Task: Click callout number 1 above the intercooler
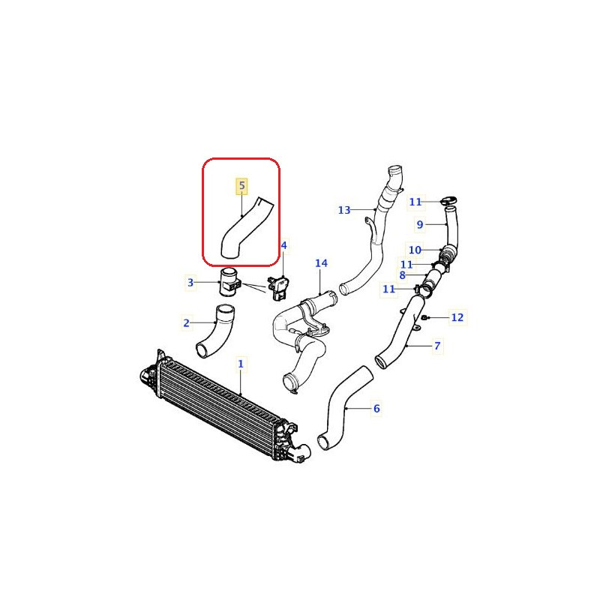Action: coord(241,364)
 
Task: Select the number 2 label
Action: coord(186,323)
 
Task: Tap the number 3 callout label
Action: coord(190,283)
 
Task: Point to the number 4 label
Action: coord(283,245)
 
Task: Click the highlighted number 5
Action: coord(241,185)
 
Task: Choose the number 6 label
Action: coord(376,409)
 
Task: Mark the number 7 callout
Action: coord(437,346)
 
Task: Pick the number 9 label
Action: coord(420,224)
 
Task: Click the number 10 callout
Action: coord(413,250)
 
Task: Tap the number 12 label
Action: coord(457,318)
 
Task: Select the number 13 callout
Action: coord(344,210)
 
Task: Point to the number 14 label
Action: coord(321,263)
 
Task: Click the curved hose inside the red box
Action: coord(244,229)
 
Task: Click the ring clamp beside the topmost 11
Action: coord(450,200)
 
